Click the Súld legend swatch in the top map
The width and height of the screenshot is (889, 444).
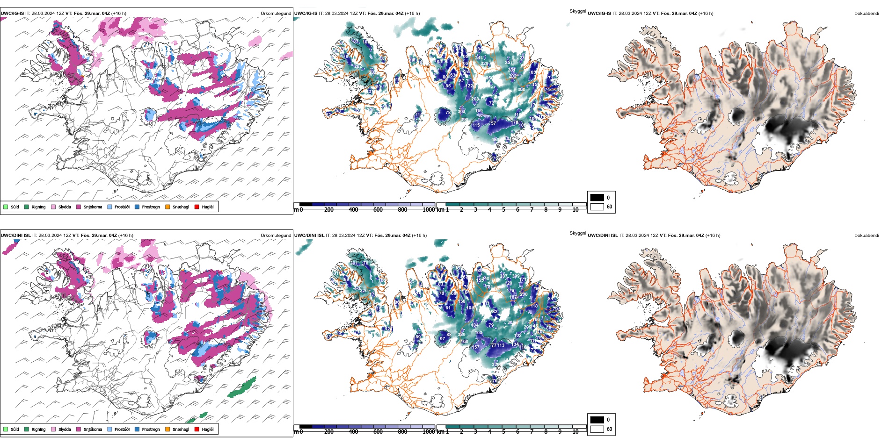tap(6, 207)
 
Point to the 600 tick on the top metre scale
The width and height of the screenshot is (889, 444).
tap(378, 210)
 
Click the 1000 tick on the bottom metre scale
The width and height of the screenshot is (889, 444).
tap(428, 432)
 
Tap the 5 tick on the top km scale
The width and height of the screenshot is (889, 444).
tap(503, 210)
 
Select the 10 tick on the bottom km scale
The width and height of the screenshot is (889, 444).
tap(575, 432)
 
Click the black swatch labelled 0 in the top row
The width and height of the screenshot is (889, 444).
tap(597, 198)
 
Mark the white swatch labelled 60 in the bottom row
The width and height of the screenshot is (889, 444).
tap(597, 429)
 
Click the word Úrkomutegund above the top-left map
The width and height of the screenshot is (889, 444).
tap(276, 14)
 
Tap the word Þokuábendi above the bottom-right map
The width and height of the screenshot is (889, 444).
tap(867, 236)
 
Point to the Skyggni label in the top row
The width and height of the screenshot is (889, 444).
tap(577, 11)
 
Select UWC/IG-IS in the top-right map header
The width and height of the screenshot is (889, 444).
tap(599, 14)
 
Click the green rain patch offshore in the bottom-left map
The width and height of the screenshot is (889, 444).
tap(242, 387)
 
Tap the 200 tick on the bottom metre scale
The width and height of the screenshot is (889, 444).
tap(329, 432)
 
